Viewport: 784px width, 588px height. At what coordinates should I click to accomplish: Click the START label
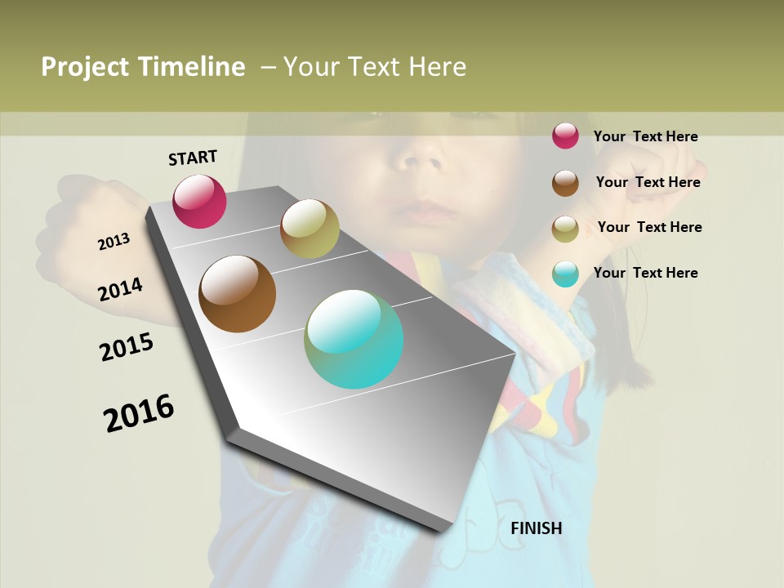click(193, 157)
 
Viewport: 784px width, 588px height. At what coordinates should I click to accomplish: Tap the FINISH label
click(537, 528)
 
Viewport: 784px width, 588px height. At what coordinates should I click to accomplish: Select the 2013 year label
click(114, 242)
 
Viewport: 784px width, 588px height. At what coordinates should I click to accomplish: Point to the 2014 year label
click(120, 289)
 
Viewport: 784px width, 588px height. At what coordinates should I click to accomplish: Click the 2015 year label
click(127, 347)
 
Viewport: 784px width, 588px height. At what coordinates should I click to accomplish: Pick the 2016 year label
click(139, 413)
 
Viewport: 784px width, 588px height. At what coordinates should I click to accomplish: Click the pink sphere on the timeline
click(199, 201)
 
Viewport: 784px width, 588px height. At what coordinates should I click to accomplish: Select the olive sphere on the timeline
click(310, 229)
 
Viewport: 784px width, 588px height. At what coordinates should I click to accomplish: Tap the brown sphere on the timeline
click(237, 293)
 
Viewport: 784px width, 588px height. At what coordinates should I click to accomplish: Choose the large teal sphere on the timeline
click(354, 339)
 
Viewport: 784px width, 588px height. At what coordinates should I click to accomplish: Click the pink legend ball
click(565, 136)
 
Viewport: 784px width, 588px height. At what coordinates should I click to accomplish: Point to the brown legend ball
click(565, 183)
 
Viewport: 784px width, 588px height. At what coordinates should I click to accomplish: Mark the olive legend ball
click(565, 229)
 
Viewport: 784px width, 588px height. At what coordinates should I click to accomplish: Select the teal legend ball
click(565, 274)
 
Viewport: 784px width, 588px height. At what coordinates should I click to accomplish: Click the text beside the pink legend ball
click(645, 136)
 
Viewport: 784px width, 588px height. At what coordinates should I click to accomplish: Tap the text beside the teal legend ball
click(645, 273)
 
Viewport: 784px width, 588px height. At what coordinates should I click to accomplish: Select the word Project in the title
click(84, 68)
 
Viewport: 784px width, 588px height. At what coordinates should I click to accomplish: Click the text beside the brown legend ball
click(648, 182)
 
